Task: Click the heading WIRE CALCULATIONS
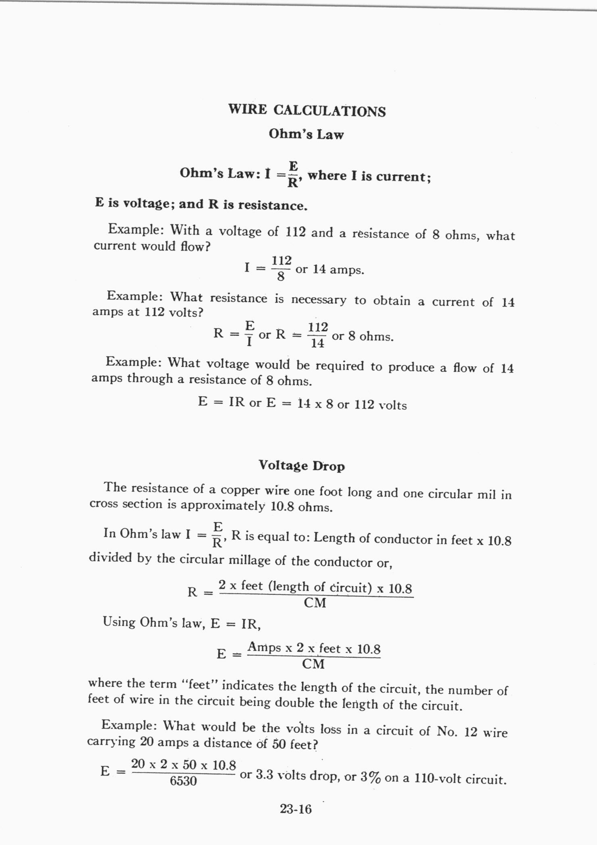pos(307,111)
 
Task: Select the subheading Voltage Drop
pos(302,466)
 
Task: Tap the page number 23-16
pos(296,809)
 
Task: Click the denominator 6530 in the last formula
pos(183,782)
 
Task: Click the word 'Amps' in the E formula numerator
pos(264,648)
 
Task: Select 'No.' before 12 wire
pos(447,731)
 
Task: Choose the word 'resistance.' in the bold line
pos(273,205)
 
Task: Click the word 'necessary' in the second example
pos(318,300)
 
